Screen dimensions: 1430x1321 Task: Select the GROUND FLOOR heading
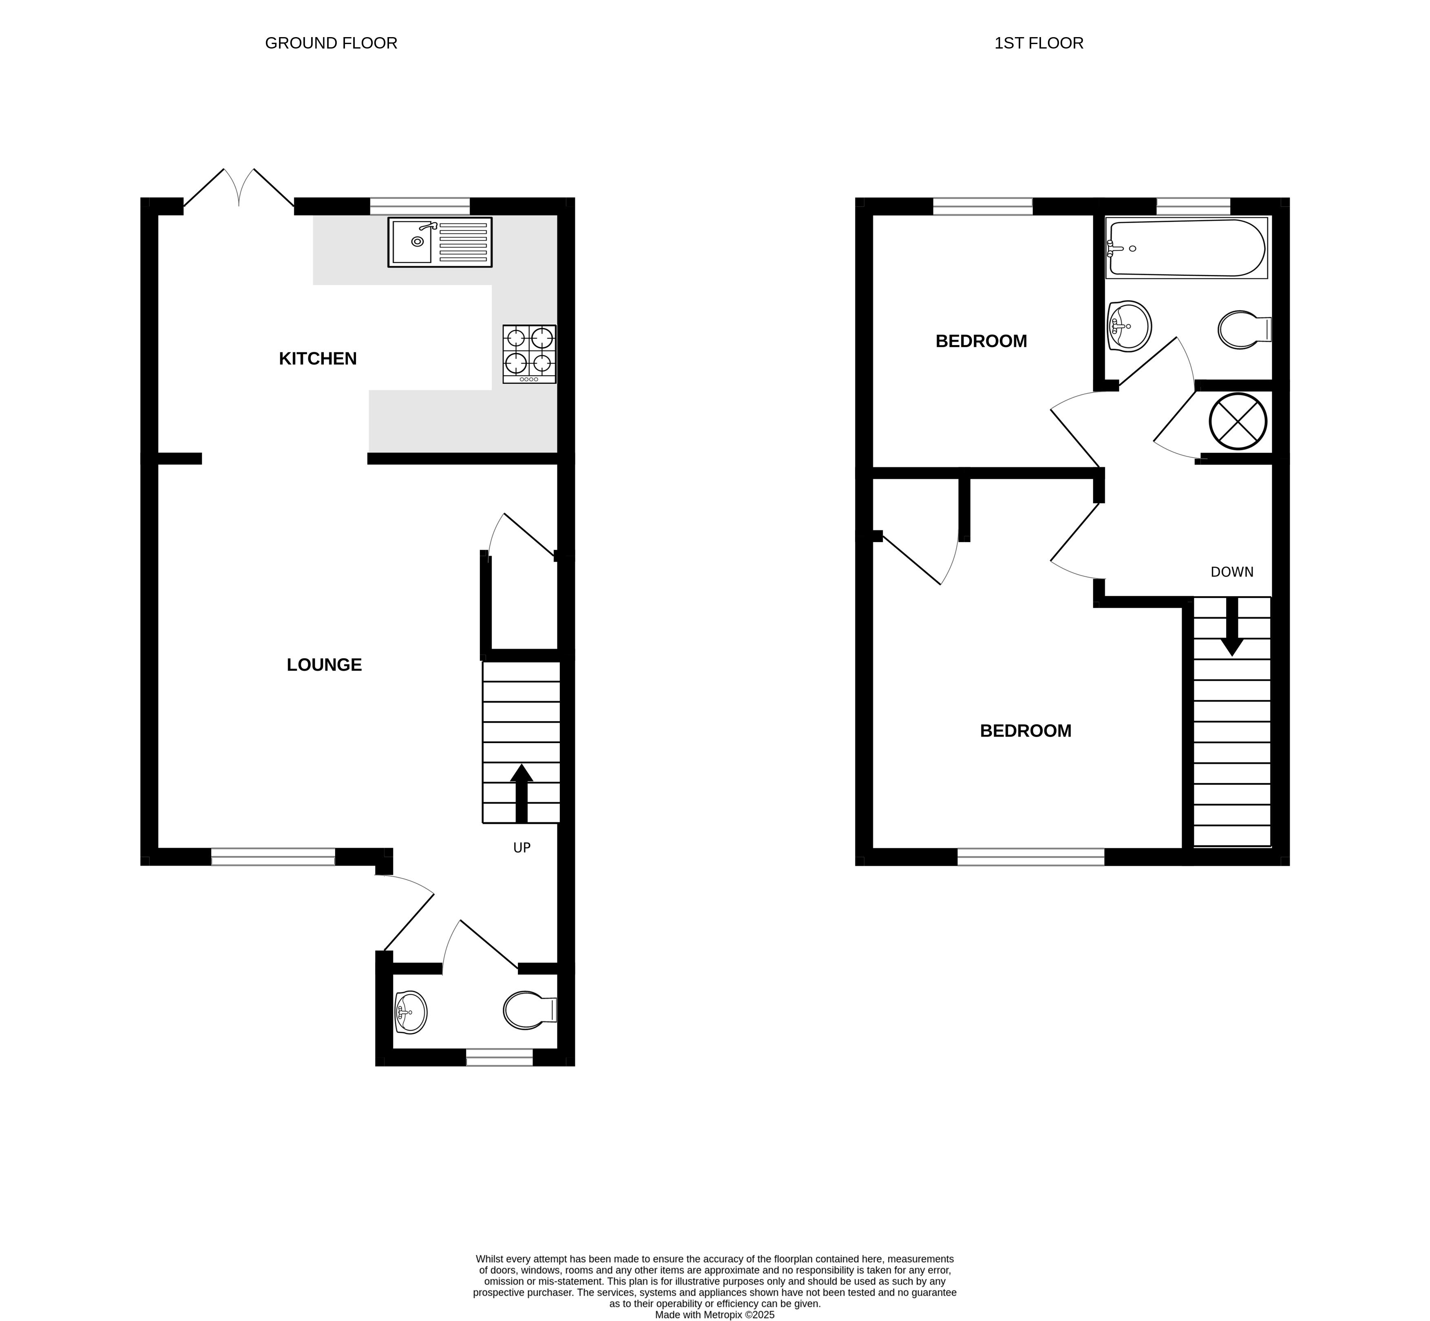click(331, 43)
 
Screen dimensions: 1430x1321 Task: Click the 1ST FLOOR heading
click(1039, 43)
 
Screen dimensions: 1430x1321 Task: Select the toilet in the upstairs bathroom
click(1244, 330)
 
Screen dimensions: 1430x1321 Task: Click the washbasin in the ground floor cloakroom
click(410, 1012)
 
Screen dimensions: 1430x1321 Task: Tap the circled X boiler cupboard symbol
click(1238, 422)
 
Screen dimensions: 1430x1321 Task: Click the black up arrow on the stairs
click(522, 794)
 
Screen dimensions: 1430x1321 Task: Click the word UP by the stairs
click(522, 848)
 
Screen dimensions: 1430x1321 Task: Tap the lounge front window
click(273, 856)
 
